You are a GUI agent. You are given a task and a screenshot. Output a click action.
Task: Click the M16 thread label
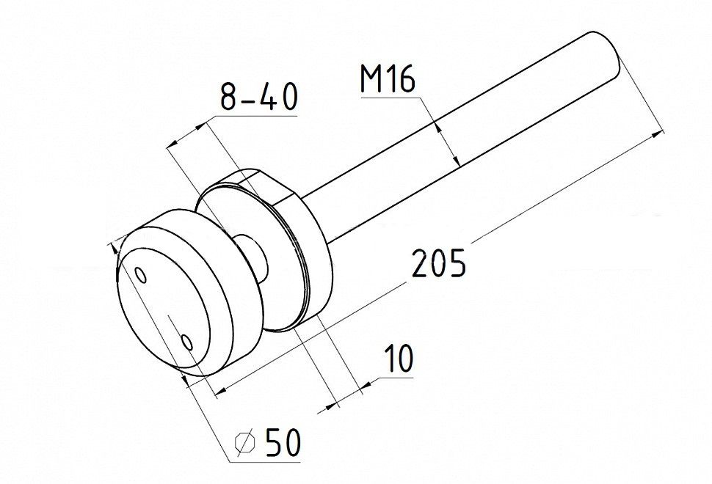(388, 79)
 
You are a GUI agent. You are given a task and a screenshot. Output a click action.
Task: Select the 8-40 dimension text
(259, 97)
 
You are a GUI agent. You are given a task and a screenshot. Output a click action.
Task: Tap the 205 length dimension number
(439, 263)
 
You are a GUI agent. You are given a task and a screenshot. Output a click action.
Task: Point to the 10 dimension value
(399, 359)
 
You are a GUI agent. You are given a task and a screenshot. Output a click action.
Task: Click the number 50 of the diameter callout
(283, 441)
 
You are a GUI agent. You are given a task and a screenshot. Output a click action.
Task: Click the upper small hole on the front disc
(141, 275)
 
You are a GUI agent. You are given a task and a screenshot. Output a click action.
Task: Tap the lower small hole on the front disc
(186, 342)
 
